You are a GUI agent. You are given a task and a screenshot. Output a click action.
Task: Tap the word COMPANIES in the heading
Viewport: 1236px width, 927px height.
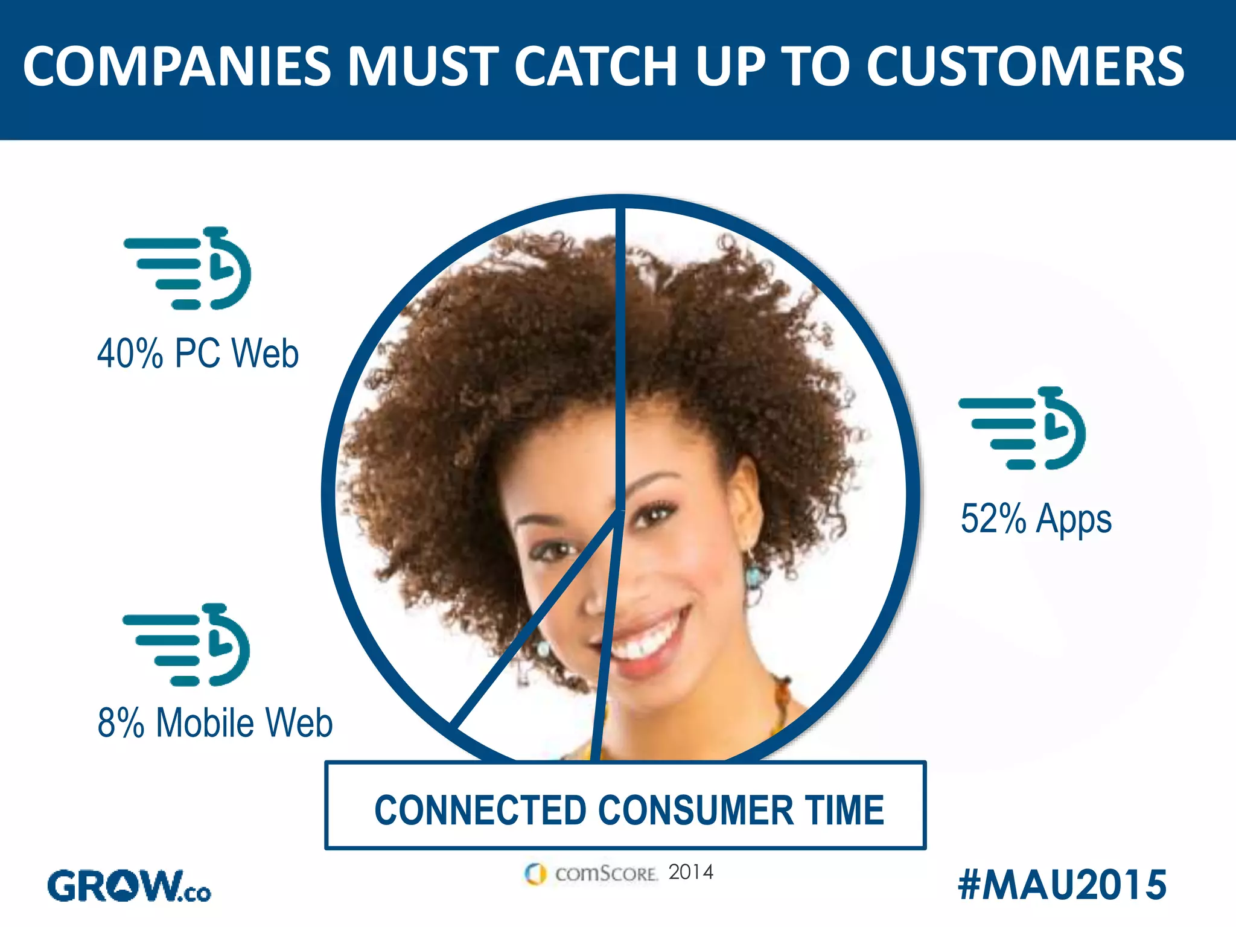(x=177, y=66)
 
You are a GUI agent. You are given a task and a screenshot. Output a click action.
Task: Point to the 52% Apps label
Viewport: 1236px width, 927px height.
(x=1036, y=519)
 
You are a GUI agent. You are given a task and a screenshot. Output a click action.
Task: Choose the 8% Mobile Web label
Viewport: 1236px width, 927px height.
(x=215, y=722)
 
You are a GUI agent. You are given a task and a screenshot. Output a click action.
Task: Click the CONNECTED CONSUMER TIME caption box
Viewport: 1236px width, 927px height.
(x=625, y=806)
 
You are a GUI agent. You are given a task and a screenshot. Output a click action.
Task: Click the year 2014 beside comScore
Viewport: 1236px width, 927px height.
(x=691, y=872)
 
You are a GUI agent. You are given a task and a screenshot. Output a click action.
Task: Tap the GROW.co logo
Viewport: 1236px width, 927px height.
(x=129, y=886)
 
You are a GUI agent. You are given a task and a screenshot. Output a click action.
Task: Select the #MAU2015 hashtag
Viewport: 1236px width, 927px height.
(x=1062, y=885)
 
